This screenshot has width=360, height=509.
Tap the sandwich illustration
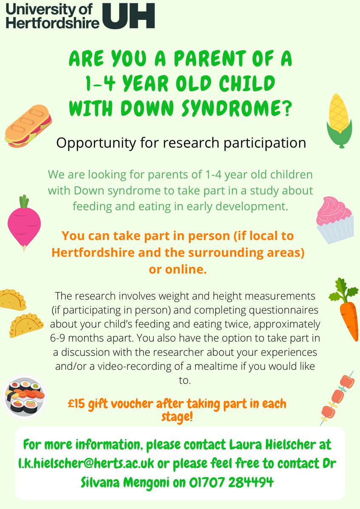[28, 127]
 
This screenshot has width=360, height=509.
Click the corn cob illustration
[339, 120]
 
